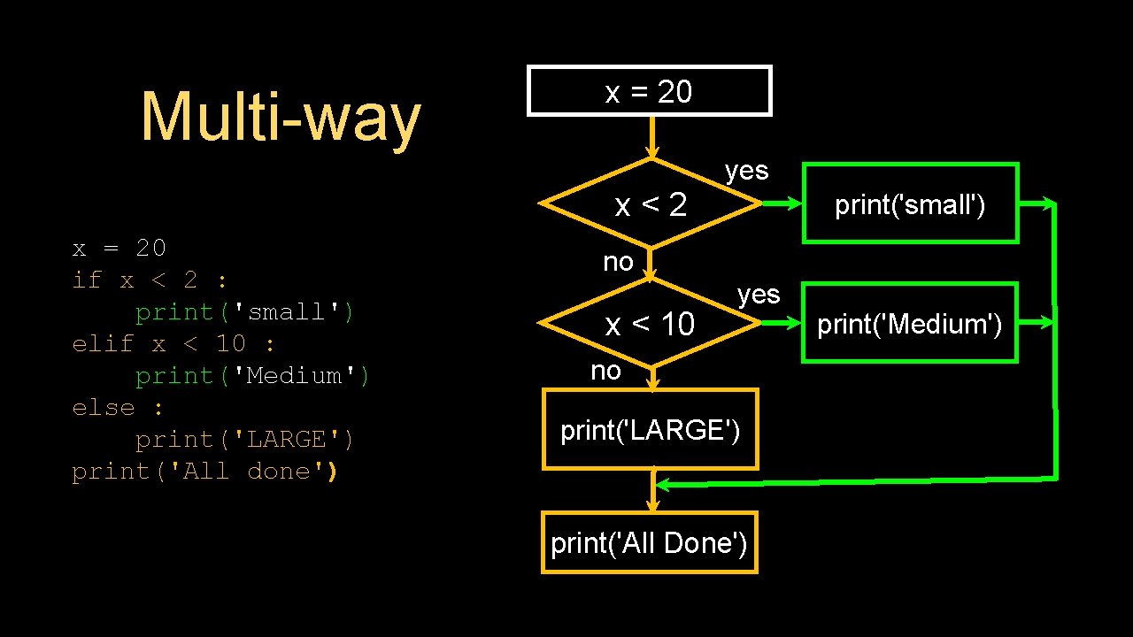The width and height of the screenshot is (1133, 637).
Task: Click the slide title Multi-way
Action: [x=281, y=117]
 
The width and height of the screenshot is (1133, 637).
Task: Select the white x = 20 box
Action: [x=649, y=91]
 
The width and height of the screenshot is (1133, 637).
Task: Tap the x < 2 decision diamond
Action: [x=651, y=204]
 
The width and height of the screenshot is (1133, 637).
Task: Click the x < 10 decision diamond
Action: [x=651, y=325]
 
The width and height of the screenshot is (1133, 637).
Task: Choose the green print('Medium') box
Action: [x=909, y=324]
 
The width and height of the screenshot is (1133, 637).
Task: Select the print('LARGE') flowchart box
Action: [x=650, y=430]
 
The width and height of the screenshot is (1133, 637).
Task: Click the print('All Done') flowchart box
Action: [x=649, y=542]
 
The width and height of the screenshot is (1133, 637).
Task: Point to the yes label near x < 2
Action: [x=746, y=170]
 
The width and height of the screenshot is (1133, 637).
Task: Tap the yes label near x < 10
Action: [x=759, y=294]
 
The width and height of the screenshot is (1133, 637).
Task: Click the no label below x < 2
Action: [x=618, y=261]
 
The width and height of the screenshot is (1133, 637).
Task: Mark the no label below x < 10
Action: [x=605, y=371]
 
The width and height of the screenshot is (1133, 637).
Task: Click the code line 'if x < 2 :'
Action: [x=150, y=280]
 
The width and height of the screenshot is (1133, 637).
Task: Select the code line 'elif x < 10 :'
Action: [x=173, y=344]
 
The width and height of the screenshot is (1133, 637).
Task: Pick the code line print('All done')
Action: [x=204, y=472]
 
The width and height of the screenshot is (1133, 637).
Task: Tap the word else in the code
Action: [x=104, y=408]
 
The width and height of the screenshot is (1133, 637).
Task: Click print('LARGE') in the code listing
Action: [x=244, y=440]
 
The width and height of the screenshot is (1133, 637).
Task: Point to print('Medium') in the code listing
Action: [x=252, y=376]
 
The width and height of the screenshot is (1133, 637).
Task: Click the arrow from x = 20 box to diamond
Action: [x=651, y=137]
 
